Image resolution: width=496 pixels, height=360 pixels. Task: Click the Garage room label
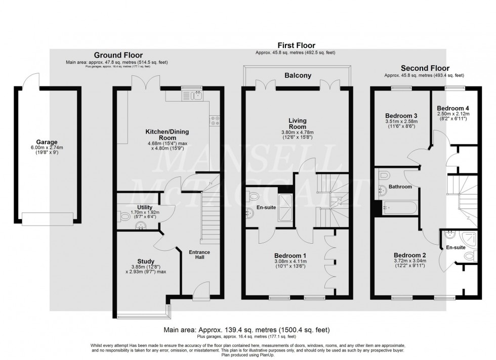pyautogui.click(x=47, y=142)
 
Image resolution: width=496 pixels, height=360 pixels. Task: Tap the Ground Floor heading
pyautogui.click(x=118, y=55)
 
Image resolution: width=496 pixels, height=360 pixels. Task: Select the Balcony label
pyautogui.click(x=298, y=75)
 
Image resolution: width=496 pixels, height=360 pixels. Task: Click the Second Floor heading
pyautogui.click(x=425, y=68)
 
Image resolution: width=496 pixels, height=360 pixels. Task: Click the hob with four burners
pyautogui.click(x=214, y=120)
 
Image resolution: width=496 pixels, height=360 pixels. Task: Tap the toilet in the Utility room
pyautogui.click(x=125, y=216)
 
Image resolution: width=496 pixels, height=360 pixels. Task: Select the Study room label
pyautogui.click(x=146, y=261)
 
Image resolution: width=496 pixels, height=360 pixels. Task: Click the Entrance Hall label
pyautogui.click(x=199, y=254)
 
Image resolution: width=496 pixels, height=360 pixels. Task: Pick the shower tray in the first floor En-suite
pyautogui.click(x=285, y=208)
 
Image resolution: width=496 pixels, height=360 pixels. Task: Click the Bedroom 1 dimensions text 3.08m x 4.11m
pyautogui.click(x=291, y=261)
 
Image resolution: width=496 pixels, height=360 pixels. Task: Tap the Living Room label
pyautogui.click(x=298, y=123)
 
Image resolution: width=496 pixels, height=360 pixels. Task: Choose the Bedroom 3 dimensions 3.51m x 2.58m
pyautogui.click(x=401, y=121)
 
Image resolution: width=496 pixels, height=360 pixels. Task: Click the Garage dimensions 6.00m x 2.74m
pyautogui.click(x=47, y=148)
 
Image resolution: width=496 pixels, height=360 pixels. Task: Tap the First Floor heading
pyautogui.click(x=297, y=46)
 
